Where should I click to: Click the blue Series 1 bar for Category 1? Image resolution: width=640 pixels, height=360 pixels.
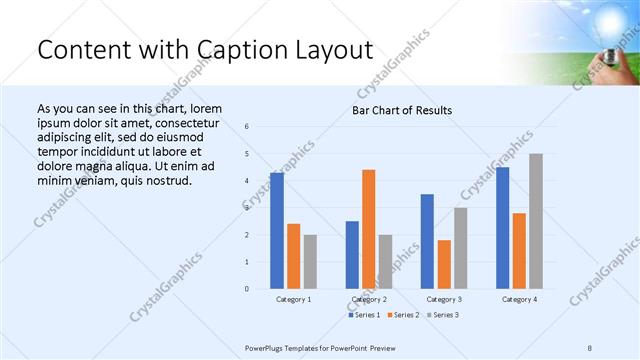click(x=277, y=231)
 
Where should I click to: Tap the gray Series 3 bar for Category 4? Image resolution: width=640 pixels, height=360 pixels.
click(x=536, y=221)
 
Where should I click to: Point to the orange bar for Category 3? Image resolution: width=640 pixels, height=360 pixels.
click(x=444, y=264)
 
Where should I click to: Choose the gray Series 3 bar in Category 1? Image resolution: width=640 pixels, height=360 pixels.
click(x=310, y=262)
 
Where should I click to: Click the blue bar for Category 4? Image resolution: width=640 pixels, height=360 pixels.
click(x=503, y=228)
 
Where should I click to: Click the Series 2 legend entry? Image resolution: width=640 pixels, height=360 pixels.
click(x=404, y=315)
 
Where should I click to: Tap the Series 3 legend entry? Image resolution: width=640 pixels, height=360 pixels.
click(x=443, y=315)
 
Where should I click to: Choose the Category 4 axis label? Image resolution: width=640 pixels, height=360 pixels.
click(x=520, y=299)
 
